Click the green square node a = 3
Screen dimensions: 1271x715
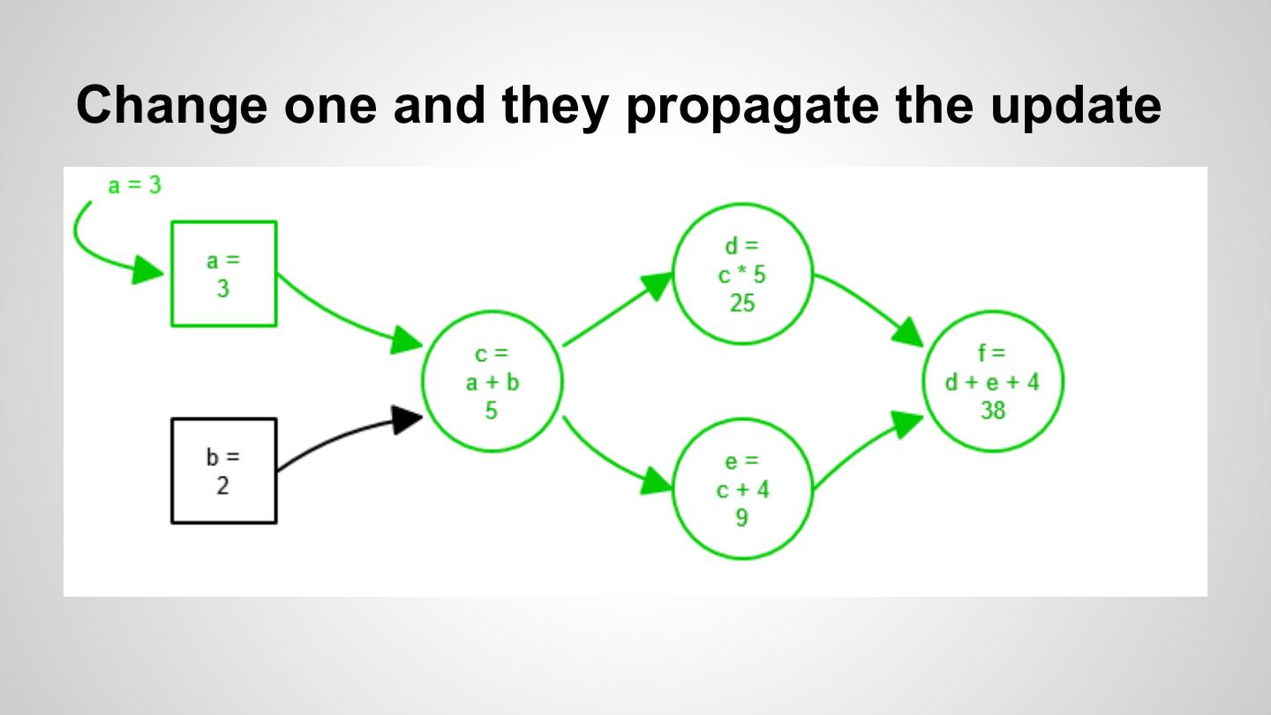(223, 274)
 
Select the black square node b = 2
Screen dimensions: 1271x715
(223, 470)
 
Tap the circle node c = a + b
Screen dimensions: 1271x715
(492, 381)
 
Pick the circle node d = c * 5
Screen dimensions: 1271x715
(742, 274)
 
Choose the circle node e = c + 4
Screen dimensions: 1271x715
(742, 488)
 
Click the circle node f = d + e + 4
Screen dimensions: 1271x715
(993, 381)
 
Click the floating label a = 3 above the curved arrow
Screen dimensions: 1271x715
(134, 185)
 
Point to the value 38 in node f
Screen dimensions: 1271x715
(993, 410)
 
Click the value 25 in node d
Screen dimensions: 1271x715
(742, 303)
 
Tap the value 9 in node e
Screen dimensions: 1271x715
(741, 517)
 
